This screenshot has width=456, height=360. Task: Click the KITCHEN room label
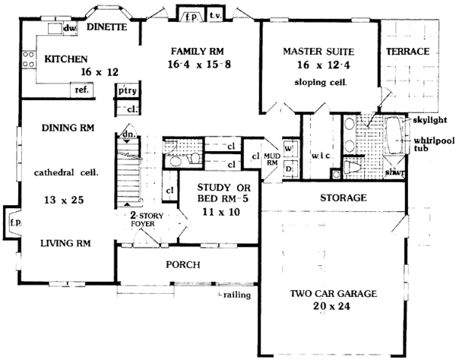[x=68, y=58]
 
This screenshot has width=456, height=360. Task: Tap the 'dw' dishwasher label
[x=71, y=29]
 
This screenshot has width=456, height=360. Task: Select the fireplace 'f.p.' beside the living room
[x=13, y=223]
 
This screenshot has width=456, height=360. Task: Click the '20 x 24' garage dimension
[x=338, y=309]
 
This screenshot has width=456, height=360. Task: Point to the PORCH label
[x=182, y=265]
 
